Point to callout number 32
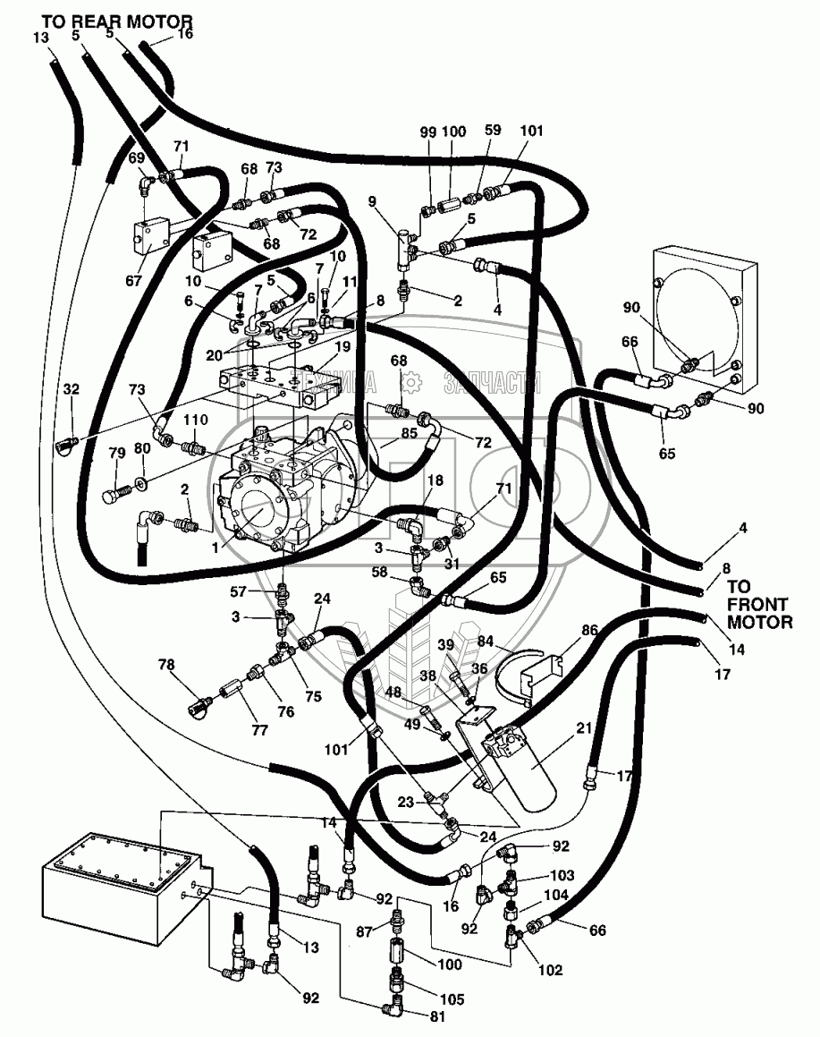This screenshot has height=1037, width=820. click(72, 389)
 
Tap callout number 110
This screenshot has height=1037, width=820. click(196, 420)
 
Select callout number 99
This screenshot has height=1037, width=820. click(428, 132)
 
